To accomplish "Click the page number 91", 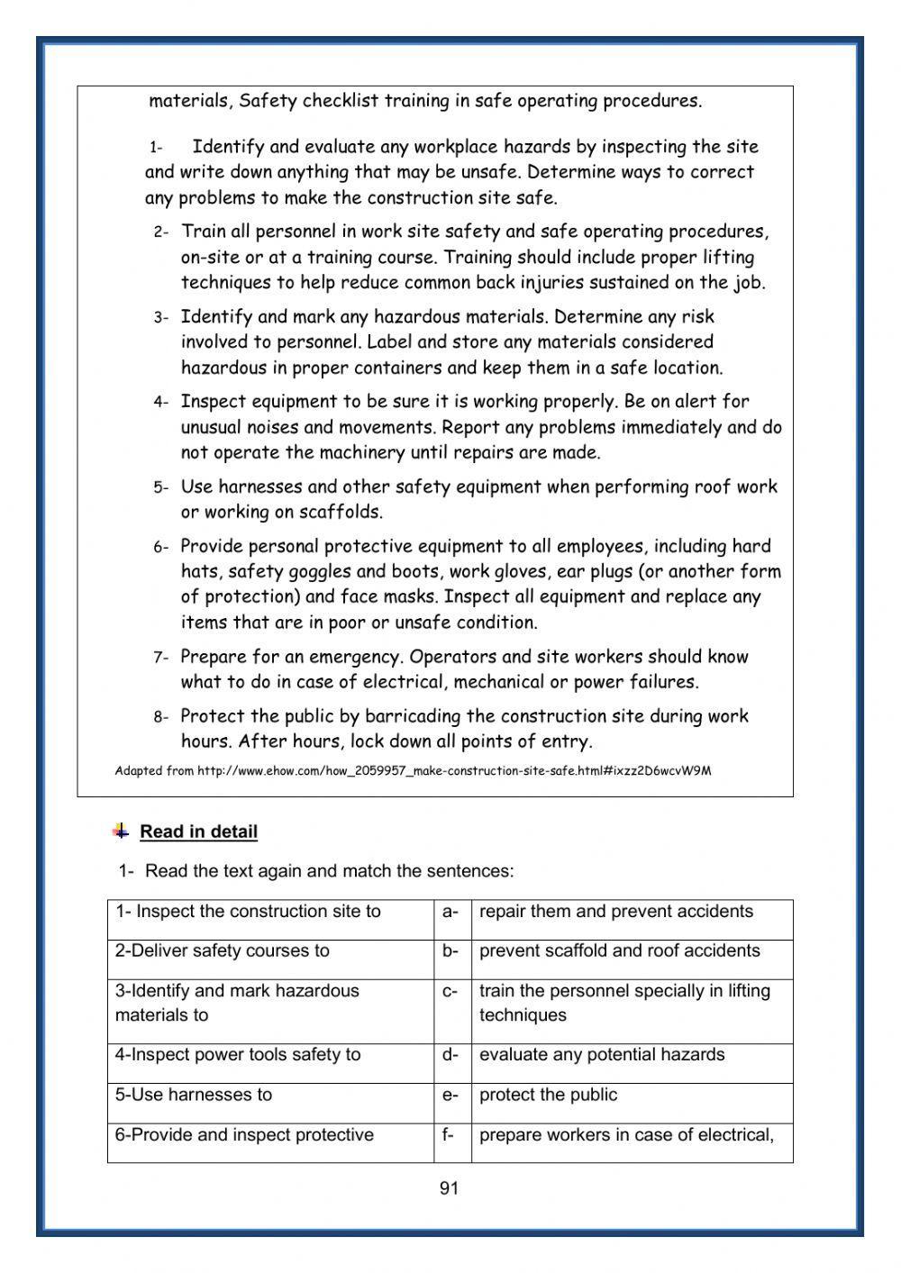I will click(x=449, y=1188).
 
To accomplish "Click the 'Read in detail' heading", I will click(x=198, y=832).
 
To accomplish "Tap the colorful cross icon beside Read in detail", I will click(x=121, y=831).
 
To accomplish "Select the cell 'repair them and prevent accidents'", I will click(x=615, y=912).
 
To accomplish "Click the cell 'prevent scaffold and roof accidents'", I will click(x=619, y=951).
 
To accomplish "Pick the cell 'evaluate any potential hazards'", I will click(x=601, y=1055).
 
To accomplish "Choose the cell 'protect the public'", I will click(x=548, y=1096).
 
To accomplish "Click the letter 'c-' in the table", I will click(x=450, y=992).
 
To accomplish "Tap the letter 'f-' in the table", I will click(x=448, y=1135).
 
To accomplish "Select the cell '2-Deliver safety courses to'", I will click(x=222, y=951).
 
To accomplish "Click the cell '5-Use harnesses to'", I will click(x=193, y=1096).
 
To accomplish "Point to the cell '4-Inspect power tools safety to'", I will click(x=237, y=1055).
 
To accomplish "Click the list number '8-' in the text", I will click(x=160, y=718).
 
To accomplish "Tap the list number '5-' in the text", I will click(x=160, y=488).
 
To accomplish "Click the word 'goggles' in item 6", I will click(x=321, y=571).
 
